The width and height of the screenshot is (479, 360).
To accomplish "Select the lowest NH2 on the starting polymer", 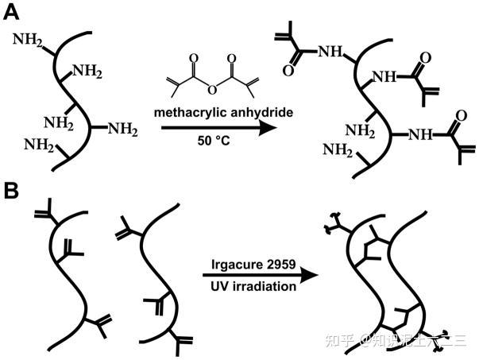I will tap(37, 144).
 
